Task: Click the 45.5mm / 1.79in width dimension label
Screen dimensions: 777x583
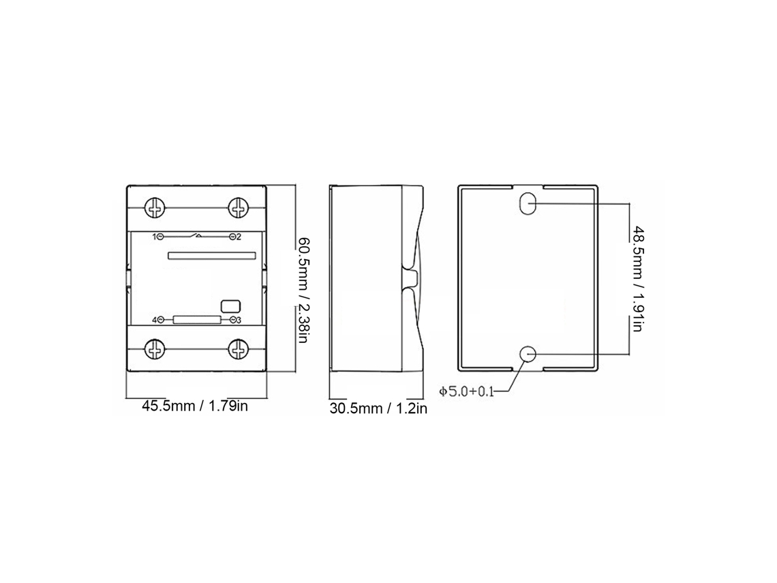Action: pos(195,406)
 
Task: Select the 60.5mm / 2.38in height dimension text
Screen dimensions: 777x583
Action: pos(303,290)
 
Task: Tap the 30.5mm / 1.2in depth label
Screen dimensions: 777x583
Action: pos(378,408)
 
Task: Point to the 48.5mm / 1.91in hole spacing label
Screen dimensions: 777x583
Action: pos(637,279)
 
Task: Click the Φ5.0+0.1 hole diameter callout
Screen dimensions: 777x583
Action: pos(466,391)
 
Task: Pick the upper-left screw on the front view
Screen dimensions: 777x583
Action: pos(155,207)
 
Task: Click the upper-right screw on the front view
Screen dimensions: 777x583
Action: pos(239,207)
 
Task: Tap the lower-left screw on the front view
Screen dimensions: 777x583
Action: pos(155,350)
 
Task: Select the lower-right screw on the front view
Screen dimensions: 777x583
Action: pos(239,350)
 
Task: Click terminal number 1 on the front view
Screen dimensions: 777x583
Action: pos(155,237)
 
